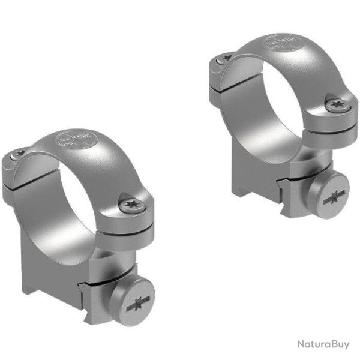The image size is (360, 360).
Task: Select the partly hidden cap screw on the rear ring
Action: [224, 58]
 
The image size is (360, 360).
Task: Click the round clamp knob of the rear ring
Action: [337, 197]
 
